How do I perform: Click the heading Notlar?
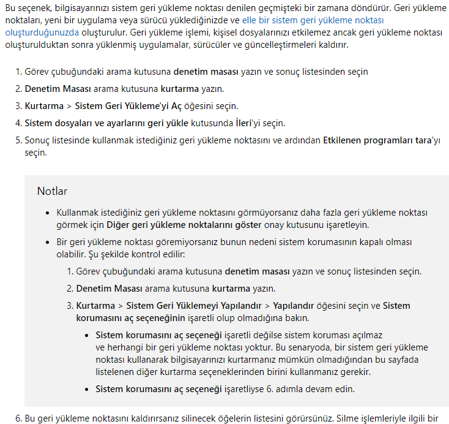[x=52, y=191]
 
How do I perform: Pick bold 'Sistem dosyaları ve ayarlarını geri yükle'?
[x=106, y=123]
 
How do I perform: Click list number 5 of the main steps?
[x=18, y=140]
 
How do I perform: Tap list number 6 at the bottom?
[x=18, y=418]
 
